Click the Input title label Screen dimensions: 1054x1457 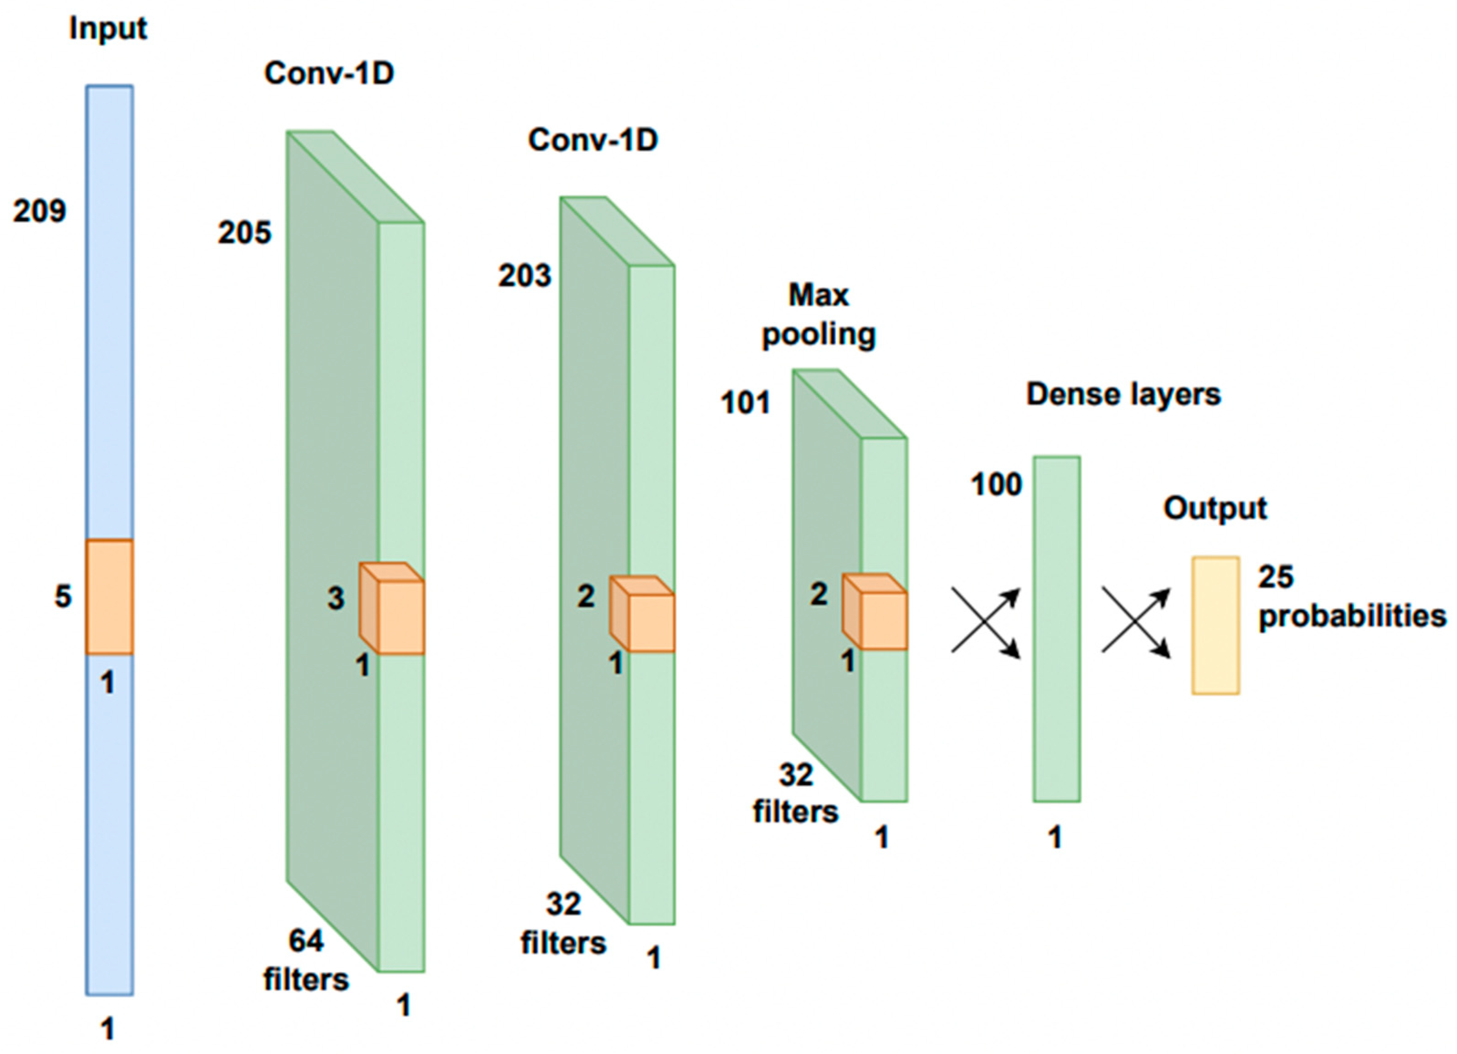click(x=108, y=29)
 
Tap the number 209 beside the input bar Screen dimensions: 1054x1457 click(x=39, y=211)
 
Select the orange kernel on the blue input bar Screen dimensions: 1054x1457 click(x=110, y=596)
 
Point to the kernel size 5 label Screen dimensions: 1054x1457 click(x=62, y=596)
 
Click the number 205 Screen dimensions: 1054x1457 click(x=244, y=232)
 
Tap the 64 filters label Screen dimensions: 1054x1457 click(x=306, y=960)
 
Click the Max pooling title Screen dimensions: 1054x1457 click(x=819, y=315)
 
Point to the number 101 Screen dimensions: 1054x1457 click(x=745, y=403)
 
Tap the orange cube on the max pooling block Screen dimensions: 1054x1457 click(x=875, y=612)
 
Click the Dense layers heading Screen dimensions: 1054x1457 click(x=1123, y=394)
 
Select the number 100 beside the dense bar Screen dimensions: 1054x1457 click(x=996, y=484)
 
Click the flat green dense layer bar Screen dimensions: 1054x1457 click(x=1056, y=629)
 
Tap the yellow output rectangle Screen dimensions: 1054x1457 click(x=1215, y=625)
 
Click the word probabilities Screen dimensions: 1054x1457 click(x=1352, y=616)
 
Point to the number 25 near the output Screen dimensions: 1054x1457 click(x=1275, y=577)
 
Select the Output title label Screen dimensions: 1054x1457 click(x=1215, y=509)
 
